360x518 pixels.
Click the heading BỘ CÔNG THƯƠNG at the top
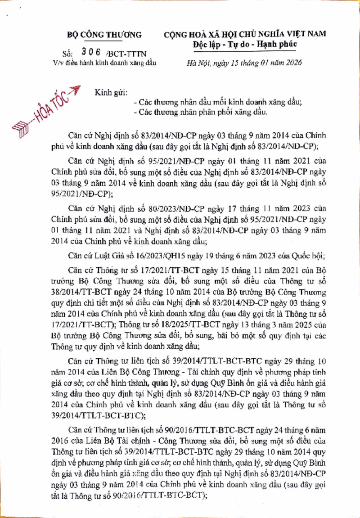(x=104, y=35)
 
